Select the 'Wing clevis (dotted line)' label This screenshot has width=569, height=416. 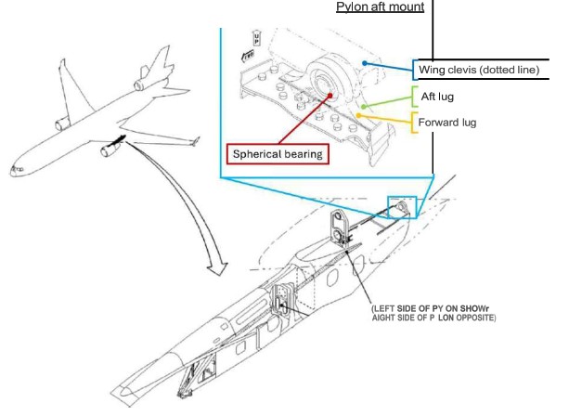pyautogui.click(x=482, y=68)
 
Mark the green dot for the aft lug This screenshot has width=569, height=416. pyautogui.click(x=363, y=107)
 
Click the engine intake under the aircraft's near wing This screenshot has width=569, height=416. pyautogui.click(x=97, y=150)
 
